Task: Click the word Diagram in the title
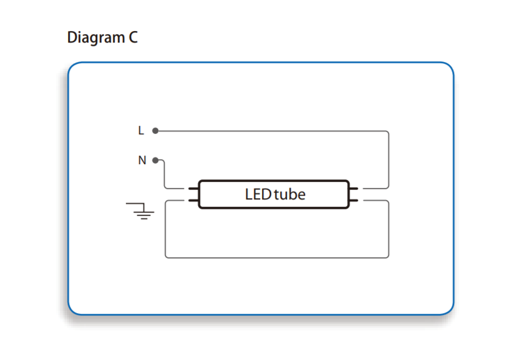[96, 38]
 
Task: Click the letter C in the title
[133, 37]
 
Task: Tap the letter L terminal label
[141, 130]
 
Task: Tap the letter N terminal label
[142, 160]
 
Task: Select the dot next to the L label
[155, 130]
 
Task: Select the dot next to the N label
[155, 161]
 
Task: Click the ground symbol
[140, 211]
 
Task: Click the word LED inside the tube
[258, 194]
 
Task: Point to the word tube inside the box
[290, 194]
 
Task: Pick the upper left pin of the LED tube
[193, 189]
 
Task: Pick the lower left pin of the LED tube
[193, 201]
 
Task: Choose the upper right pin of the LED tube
[353, 189]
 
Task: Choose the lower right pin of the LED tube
[353, 201]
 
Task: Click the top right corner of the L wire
[388, 131]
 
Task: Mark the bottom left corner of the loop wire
[166, 257]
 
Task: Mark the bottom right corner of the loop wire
[388, 257]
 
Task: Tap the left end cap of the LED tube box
[199, 194]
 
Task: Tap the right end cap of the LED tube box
[348, 194]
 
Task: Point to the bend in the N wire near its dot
[164, 161]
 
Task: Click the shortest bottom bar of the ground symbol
[144, 219]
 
